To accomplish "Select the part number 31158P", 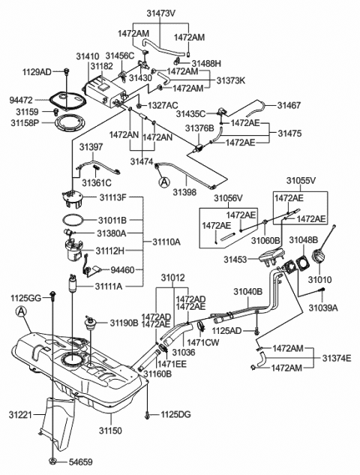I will tap(25, 123).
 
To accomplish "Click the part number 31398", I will tap(185, 192).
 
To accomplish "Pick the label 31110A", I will tap(166, 242).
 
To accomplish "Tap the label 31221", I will tap(22, 414).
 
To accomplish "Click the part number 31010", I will tap(319, 280).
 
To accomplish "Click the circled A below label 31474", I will tap(162, 180).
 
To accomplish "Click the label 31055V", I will tap(299, 182).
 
